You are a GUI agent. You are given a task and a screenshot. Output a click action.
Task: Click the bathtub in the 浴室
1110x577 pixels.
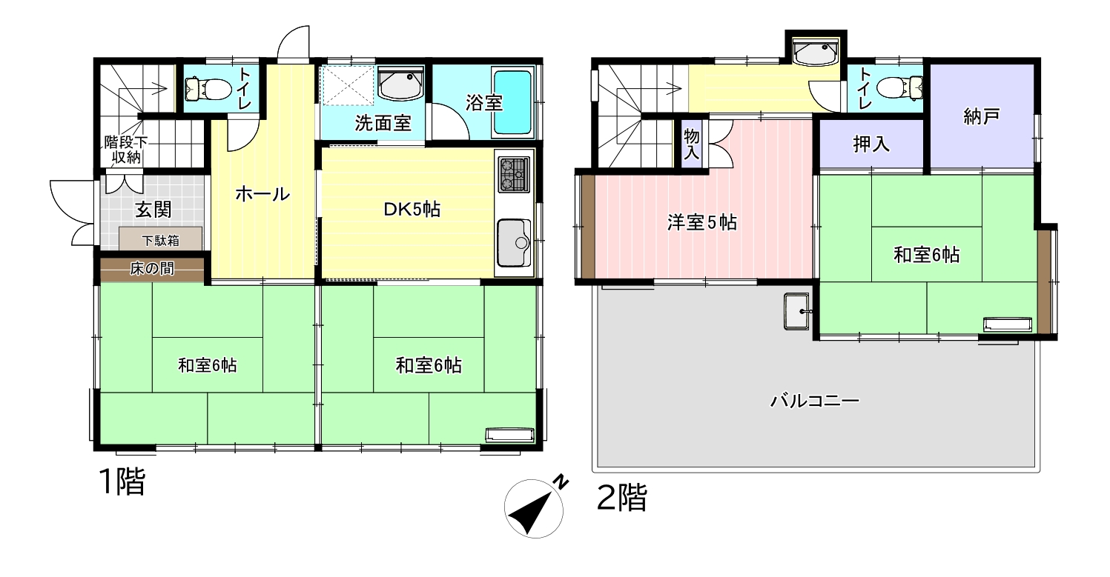point(513,102)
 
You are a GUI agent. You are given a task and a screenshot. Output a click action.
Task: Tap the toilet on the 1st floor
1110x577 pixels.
point(208,90)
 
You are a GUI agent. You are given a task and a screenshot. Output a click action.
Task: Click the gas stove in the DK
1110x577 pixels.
point(513,174)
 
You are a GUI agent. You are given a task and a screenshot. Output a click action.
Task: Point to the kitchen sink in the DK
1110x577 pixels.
point(514,242)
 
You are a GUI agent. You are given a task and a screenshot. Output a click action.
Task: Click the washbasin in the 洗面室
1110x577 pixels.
point(400,84)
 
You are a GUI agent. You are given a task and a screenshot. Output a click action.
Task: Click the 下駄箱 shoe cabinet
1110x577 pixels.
point(161,239)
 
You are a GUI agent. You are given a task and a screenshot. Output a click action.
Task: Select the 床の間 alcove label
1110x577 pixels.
point(152,269)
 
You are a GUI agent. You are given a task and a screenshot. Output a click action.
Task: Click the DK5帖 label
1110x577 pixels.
point(412,210)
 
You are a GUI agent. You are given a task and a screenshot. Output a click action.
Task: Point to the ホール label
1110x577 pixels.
point(262,194)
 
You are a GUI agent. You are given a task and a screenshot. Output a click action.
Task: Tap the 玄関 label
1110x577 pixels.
point(153,210)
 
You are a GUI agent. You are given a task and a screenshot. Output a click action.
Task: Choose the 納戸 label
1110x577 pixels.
point(981,117)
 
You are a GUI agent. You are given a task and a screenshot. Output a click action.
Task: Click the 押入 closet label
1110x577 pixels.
point(871,144)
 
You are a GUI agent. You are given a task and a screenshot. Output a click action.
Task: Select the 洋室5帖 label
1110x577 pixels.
point(701,223)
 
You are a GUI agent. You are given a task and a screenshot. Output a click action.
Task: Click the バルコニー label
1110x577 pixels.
point(814,401)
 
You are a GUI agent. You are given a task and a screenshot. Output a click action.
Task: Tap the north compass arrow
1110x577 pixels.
point(532,513)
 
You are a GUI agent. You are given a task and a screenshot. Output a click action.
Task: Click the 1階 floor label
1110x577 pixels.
point(122,481)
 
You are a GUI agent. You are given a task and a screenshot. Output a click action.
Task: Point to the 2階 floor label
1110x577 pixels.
point(622,497)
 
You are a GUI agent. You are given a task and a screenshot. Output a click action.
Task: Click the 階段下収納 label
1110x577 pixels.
point(126,150)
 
